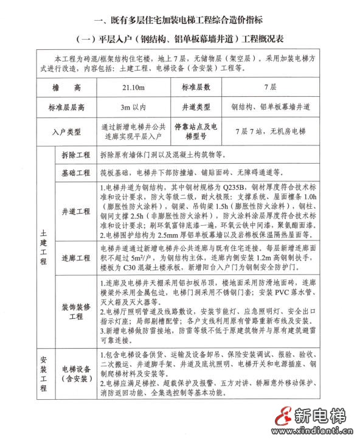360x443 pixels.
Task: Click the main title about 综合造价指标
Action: [x=180, y=10]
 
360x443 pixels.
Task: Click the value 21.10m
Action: [x=134, y=88]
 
